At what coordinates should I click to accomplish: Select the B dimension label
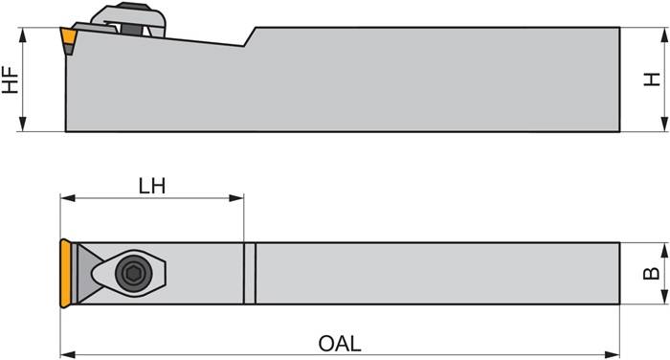tap(652, 274)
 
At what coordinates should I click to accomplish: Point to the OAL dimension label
tap(341, 342)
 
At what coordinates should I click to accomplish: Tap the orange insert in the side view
tap(68, 38)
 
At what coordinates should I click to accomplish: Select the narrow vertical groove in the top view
tap(250, 274)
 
